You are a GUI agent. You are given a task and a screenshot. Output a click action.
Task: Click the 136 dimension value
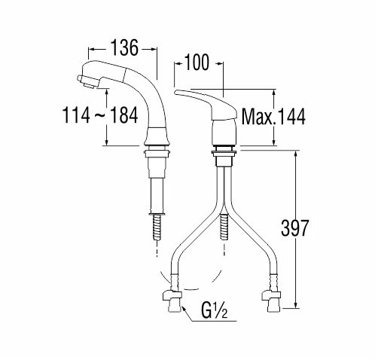click(124, 47)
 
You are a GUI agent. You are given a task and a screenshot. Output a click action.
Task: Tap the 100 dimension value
click(197, 62)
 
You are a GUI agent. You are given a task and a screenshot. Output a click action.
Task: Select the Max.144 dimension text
click(273, 117)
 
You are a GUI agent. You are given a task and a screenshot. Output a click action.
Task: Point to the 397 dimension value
click(294, 228)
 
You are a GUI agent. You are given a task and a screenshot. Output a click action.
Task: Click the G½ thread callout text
click(214, 311)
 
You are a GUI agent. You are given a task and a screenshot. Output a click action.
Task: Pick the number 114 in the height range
click(76, 115)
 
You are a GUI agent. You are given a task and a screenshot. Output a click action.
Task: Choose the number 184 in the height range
click(124, 115)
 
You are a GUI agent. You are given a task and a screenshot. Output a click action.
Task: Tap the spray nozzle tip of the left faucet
click(86, 81)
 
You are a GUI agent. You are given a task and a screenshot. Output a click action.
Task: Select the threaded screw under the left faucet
click(157, 227)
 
